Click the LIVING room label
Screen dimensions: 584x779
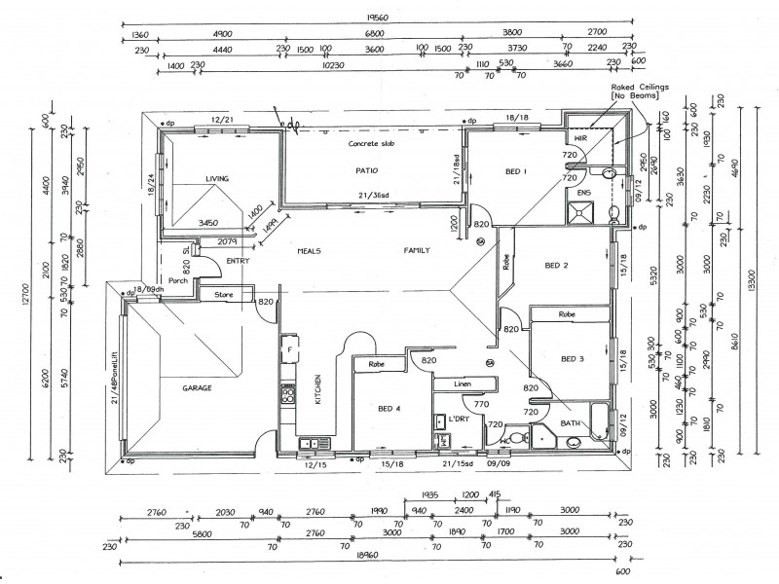tap(216, 179)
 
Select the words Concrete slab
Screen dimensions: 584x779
tap(372, 143)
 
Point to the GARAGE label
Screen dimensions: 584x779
tap(197, 387)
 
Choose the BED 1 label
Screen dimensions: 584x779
tap(516, 171)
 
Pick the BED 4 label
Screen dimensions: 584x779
tap(389, 409)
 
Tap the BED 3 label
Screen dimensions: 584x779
tap(572, 358)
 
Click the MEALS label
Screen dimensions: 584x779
tap(310, 250)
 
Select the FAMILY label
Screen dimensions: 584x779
tap(419, 250)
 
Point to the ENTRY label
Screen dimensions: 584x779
tap(238, 261)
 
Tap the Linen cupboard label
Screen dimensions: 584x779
tap(464, 384)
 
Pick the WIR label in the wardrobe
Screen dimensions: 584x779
tap(580, 139)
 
